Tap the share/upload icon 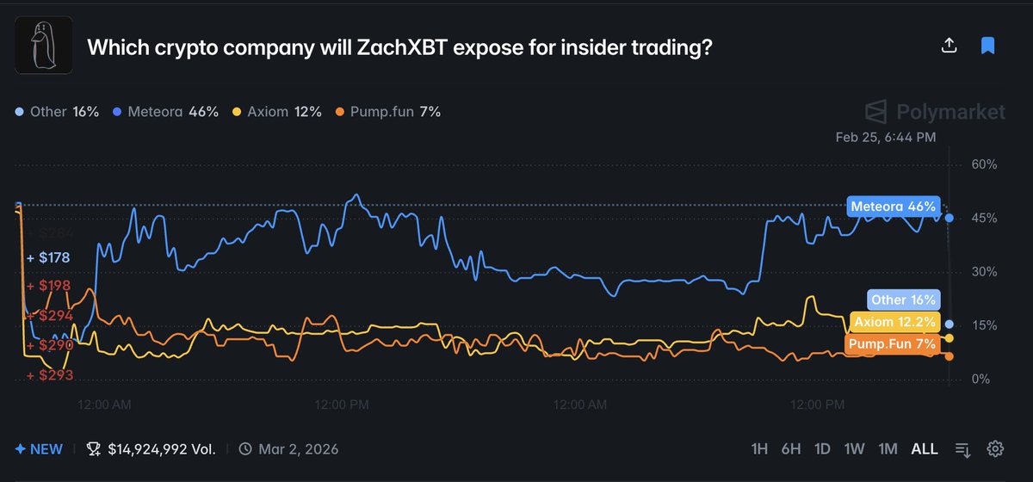click(x=949, y=46)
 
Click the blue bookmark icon click(x=987, y=46)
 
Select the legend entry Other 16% click(x=58, y=112)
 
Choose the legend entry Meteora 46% click(x=166, y=112)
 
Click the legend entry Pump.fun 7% click(x=388, y=112)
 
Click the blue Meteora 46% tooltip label click(x=893, y=207)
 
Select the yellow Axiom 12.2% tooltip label click(x=894, y=322)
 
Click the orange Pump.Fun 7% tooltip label click(x=891, y=344)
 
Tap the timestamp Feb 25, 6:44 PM click(x=885, y=137)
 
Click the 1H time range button click(x=759, y=448)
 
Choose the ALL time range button click(x=925, y=448)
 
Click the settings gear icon click(x=995, y=448)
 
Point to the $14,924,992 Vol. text click(x=162, y=448)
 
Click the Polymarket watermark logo click(x=935, y=112)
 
